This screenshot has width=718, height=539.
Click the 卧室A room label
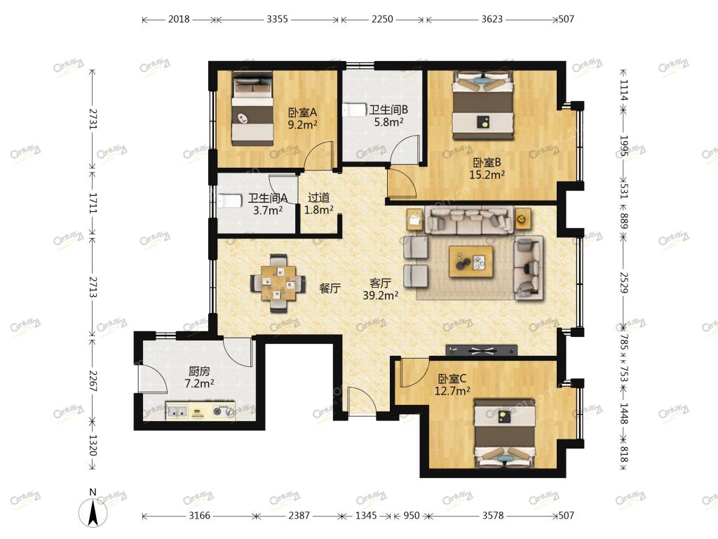(x=302, y=112)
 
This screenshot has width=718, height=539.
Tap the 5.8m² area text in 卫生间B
(x=388, y=122)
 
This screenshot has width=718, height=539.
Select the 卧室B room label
(x=487, y=162)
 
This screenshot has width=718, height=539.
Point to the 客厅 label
(x=380, y=284)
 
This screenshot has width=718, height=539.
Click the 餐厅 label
(x=330, y=288)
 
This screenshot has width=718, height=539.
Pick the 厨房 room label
(x=199, y=371)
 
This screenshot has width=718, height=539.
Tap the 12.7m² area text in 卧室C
(x=452, y=391)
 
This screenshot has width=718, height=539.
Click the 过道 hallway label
(x=319, y=197)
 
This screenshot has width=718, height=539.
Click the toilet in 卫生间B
(x=354, y=110)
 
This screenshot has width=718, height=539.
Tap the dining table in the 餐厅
(x=278, y=284)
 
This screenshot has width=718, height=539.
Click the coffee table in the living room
(x=471, y=261)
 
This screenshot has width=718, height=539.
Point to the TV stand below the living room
(x=481, y=350)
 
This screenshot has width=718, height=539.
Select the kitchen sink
(x=177, y=411)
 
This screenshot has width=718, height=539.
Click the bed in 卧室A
(x=252, y=109)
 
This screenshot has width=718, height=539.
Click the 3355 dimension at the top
(x=277, y=19)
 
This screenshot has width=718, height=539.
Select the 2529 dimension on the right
(x=623, y=282)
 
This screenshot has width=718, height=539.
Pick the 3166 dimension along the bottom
(x=200, y=516)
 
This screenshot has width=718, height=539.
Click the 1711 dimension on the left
(x=93, y=203)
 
